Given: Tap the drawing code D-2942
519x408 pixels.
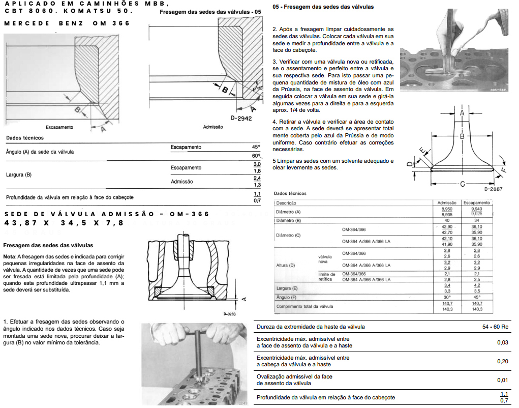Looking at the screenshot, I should tap(241, 118).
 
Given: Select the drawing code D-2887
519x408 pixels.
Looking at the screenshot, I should tap(494, 189).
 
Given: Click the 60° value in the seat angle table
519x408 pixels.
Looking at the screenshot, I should tap(256, 156).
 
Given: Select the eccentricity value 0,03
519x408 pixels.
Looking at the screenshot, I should tap(502, 342).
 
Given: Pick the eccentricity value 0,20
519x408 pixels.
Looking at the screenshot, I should tap(502, 361).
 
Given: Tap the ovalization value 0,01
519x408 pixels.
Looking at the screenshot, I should tap(502, 380).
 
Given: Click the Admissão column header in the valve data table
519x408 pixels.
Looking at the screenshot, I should tap(447, 202).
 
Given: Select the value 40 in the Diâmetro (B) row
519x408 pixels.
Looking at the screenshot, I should tap(447, 220).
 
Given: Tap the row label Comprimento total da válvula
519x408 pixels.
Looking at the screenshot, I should tap(304, 307).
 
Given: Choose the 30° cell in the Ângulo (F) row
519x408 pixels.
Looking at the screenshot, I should tap(447, 297).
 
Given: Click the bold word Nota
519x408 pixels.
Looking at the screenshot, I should tap(9, 256).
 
